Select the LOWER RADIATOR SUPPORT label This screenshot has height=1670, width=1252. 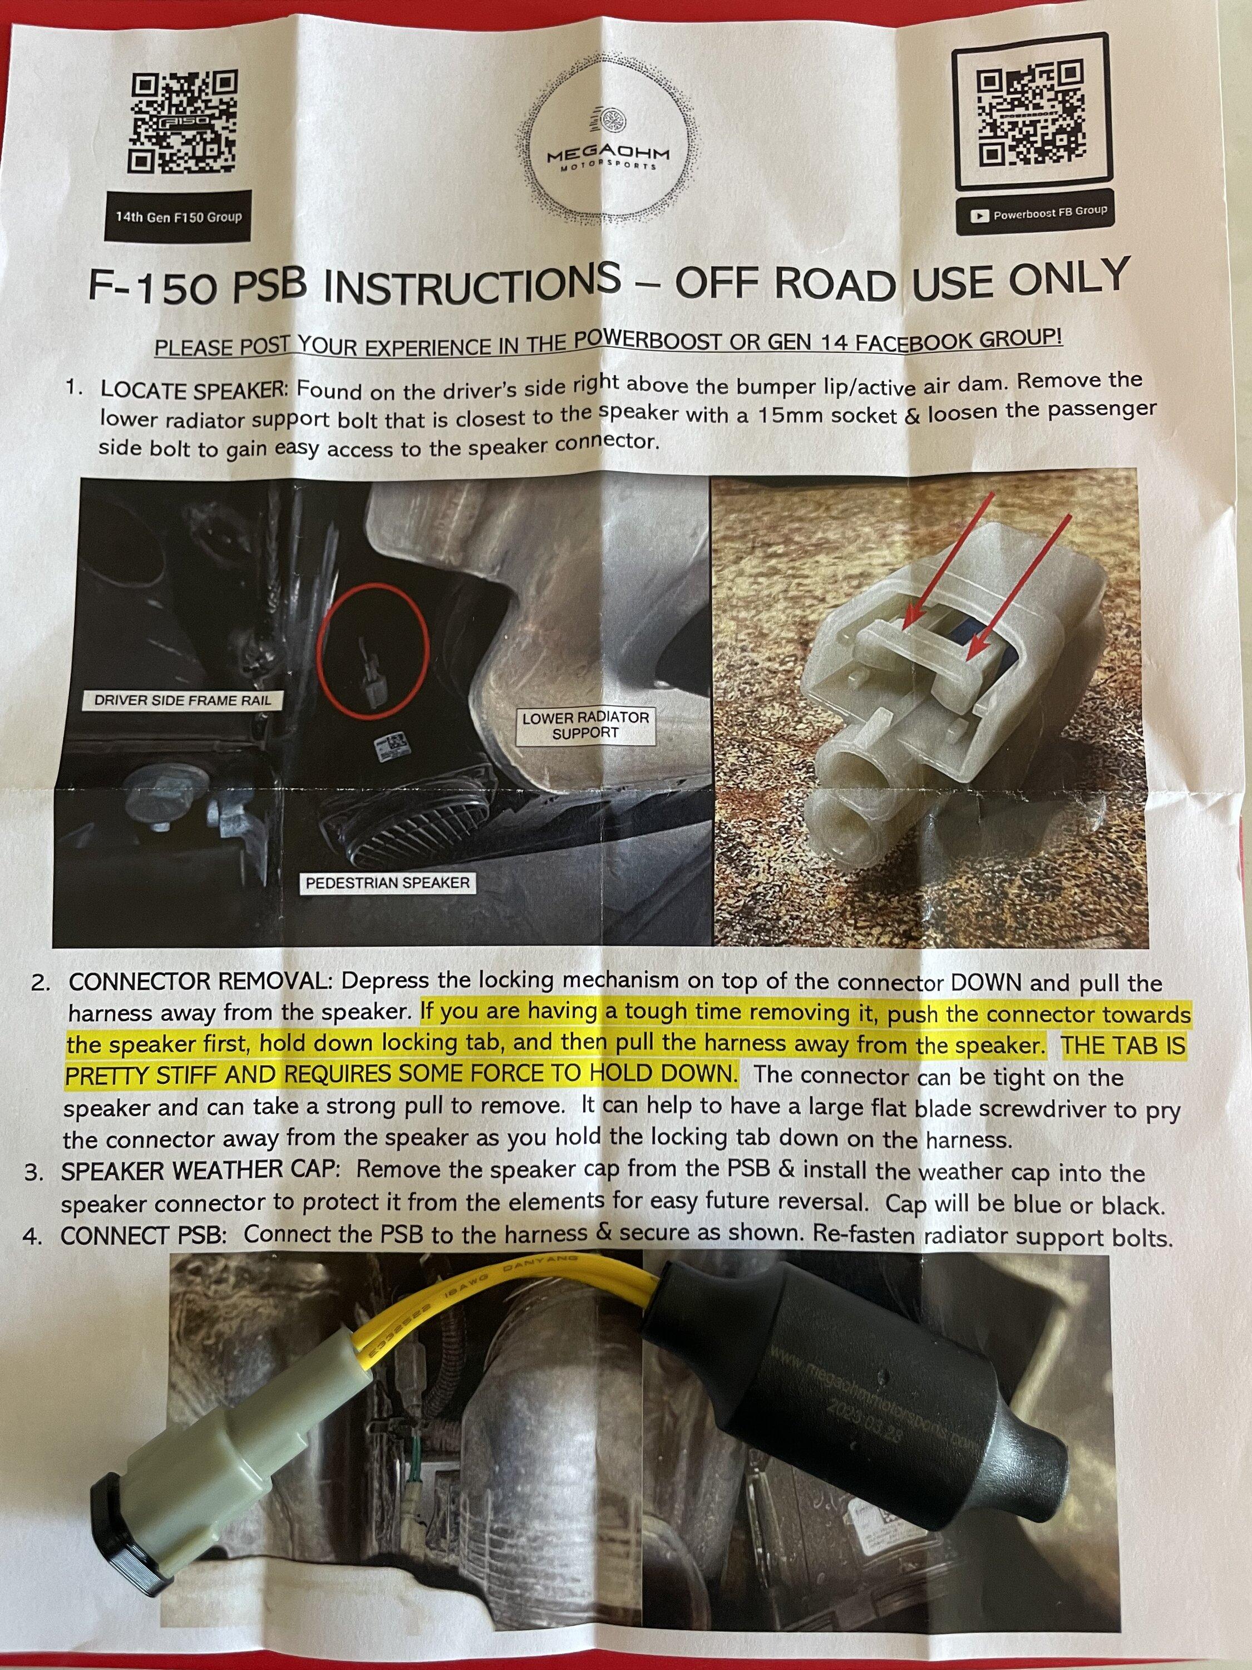tap(585, 725)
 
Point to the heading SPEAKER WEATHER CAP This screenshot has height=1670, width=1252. tap(202, 1171)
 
